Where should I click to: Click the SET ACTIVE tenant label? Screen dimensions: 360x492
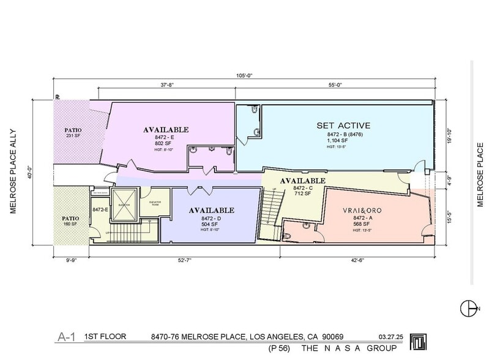[343, 126]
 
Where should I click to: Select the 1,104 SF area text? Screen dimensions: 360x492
[337, 140]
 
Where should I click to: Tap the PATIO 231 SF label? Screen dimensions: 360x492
[73, 133]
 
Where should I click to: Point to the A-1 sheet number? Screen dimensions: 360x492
[67, 336]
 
